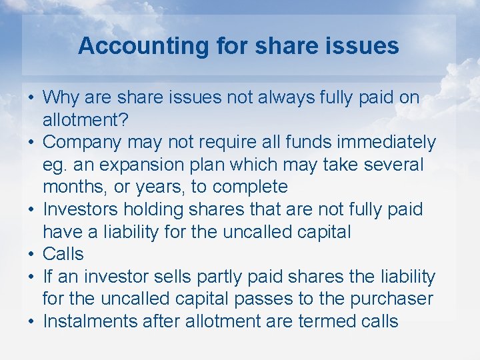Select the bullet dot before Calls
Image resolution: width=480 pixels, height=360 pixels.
(x=31, y=254)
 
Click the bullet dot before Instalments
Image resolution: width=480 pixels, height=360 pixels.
(x=31, y=321)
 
